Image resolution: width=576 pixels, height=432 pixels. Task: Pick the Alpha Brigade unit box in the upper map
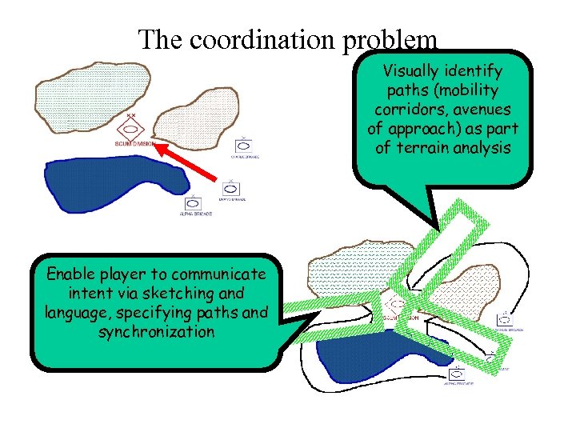click(192, 203)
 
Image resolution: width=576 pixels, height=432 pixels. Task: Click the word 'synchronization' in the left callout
click(157, 331)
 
